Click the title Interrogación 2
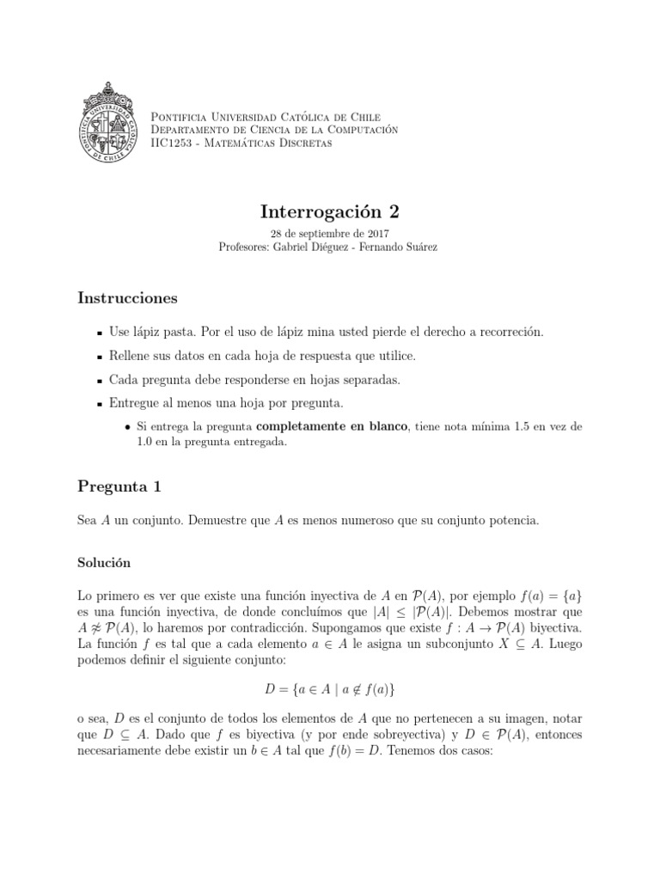pyautogui.click(x=330, y=211)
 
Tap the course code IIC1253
pyautogui.click(x=169, y=142)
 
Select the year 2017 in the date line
pyautogui.click(x=377, y=233)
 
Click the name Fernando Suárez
pyautogui.click(x=402, y=247)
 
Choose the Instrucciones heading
pyautogui.click(x=128, y=298)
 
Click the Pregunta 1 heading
pyautogui.click(x=119, y=487)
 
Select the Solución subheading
pyautogui.click(x=104, y=562)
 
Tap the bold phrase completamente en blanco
pyautogui.click(x=347, y=426)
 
